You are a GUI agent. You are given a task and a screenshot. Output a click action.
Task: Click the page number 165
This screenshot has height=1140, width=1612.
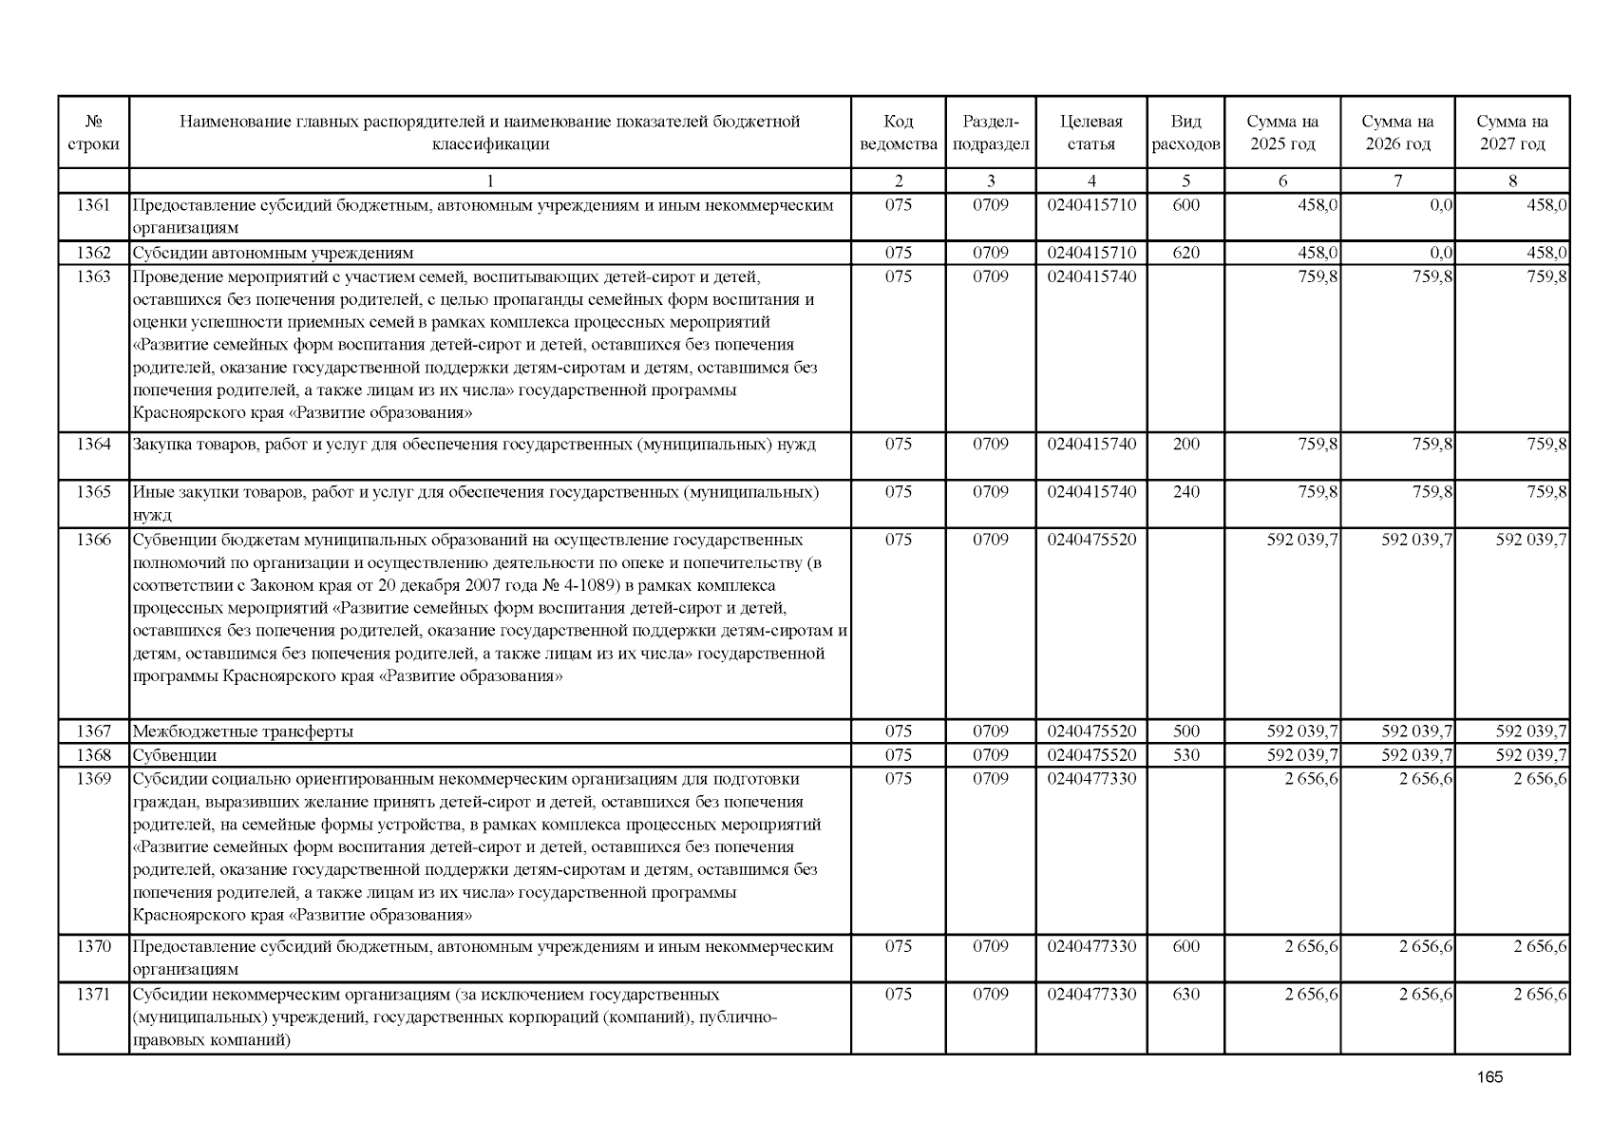point(1490,1077)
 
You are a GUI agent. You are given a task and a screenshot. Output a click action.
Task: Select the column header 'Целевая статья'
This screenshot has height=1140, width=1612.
point(1090,133)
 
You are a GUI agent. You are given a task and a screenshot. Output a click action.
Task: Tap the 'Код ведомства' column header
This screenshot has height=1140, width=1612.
point(898,133)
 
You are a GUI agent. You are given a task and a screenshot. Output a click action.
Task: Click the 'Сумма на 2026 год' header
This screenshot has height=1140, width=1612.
point(1397,133)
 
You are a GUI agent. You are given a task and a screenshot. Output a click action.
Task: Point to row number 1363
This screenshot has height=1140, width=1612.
point(93,276)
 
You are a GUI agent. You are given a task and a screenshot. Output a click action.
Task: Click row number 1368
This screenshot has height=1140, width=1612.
point(93,755)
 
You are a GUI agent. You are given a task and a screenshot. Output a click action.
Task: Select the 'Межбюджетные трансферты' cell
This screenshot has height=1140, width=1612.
point(243,731)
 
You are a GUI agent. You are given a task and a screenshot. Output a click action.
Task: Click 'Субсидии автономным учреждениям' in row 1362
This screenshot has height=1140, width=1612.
point(273,253)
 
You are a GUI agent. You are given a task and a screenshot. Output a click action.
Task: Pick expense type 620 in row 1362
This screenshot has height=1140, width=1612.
point(1185,253)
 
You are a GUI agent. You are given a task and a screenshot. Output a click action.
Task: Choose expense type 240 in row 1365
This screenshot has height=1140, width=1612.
point(1185,491)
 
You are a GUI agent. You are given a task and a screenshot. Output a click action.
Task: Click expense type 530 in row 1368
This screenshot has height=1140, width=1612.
point(1185,755)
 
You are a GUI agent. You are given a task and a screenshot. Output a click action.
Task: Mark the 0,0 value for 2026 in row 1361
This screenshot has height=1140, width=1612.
point(1441,205)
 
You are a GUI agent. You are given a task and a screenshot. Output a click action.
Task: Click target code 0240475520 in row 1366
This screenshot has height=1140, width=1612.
point(1091,540)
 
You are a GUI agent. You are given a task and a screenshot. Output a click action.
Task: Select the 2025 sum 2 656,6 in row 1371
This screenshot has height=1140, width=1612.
point(1312,994)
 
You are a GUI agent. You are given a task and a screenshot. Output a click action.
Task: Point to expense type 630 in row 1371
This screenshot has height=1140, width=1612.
point(1185,994)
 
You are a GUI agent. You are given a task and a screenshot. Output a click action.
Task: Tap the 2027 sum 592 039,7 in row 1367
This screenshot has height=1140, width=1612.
point(1531,731)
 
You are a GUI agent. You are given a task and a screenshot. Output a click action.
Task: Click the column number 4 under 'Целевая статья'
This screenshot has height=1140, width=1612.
point(1091,180)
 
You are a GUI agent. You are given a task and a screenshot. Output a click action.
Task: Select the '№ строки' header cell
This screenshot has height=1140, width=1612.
point(93,133)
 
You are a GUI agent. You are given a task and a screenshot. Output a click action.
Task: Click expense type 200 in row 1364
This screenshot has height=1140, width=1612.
point(1185,444)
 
